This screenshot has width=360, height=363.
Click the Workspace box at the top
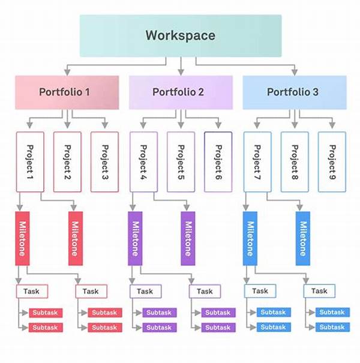pos(181,35)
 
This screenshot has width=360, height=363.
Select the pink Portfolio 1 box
pos(67,92)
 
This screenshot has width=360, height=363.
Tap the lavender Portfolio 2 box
pos(181,92)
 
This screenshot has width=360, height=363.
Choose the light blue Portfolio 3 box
pos(295,92)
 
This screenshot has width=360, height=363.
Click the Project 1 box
pos(30,162)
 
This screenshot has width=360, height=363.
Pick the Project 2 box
pos(67,162)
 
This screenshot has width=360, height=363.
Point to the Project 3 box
pos(104,162)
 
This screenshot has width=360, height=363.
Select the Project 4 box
pos(143,162)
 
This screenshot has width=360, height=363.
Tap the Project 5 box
pos(181,162)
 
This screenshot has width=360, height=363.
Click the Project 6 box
pos(218,162)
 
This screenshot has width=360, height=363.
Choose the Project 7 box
pos(257,162)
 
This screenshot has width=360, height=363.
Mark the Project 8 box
pos(295,162)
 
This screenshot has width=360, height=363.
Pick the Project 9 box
pos(332,162)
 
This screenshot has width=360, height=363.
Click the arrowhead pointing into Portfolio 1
pos(67,72)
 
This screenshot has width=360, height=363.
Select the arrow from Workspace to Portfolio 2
pos(181,66)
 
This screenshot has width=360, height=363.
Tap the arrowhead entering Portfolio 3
pos(295,72)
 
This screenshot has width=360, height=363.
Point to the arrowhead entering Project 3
pos(105,125)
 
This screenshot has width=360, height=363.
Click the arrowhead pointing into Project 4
pos(143,125)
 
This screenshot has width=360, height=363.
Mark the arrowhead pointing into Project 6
pos(218,125)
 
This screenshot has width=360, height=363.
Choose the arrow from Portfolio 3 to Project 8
pos(295,119)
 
